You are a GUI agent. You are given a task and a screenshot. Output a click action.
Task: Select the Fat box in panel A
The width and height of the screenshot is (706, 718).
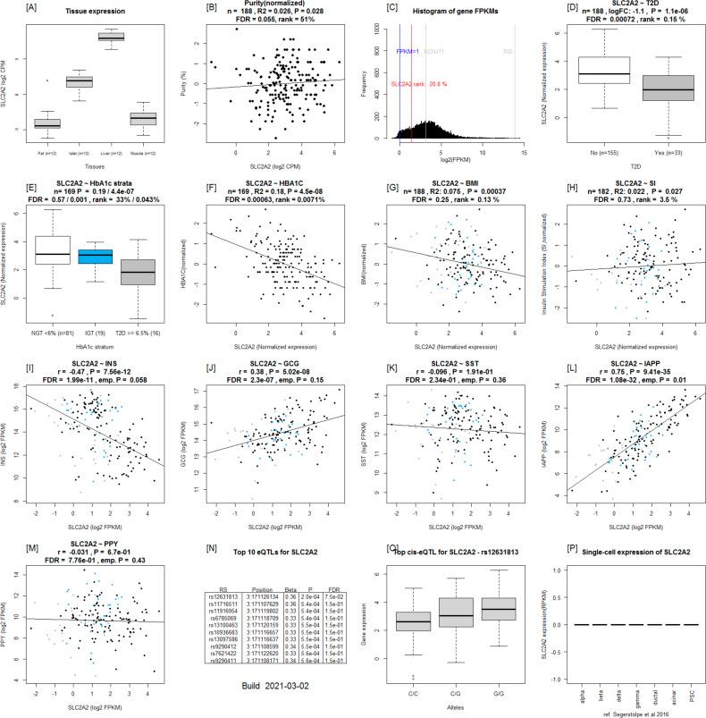47,123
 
